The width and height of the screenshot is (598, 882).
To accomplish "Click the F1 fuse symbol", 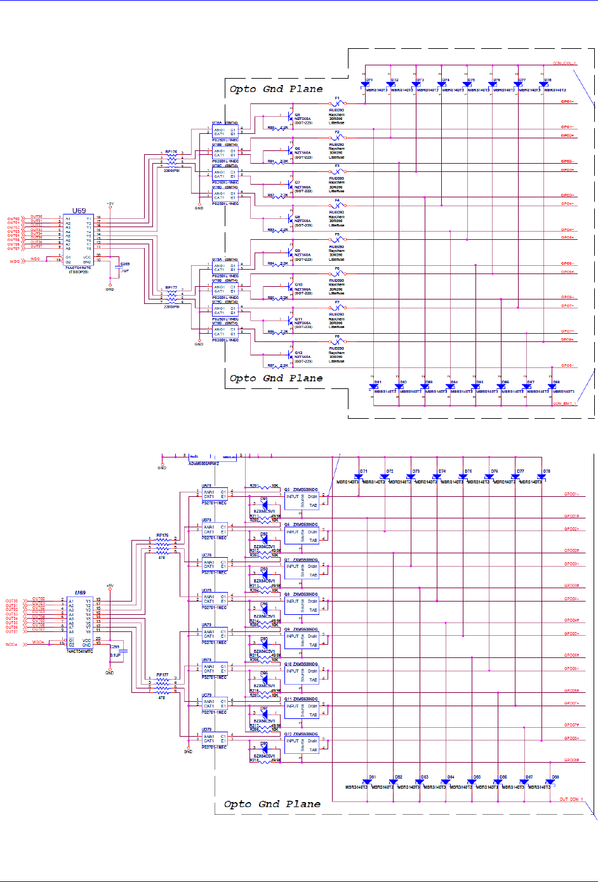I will pyautogui.click(x=338, y=103).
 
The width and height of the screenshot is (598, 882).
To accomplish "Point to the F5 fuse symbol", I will pyautogui.click(x=338, y=239).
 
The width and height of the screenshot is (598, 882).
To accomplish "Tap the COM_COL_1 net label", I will pyautogui.click(x=564, y=63).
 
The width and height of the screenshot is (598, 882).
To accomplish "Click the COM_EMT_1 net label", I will pyautogui.click(x=564, y=404).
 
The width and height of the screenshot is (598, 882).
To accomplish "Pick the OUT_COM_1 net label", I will pyautogui.click(x=571, y=800).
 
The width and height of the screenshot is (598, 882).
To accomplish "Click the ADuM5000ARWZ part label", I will pyautogui.click(x=203, y=463).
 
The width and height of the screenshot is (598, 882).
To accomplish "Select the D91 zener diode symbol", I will pyautogui.click(x=264, y=506).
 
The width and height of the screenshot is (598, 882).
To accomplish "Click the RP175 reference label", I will pyautogui.click(x=171, y=152).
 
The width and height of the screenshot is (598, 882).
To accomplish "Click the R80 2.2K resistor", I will pyautogui.click(x=279, y=128).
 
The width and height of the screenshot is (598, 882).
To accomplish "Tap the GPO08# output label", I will pyautogui.click(x=571, y=760).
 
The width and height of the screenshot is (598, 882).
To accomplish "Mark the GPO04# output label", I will pyautogui.click(x=571, y=621).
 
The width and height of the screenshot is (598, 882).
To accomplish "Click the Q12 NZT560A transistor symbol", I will pyautogui.click(x=291, y=353).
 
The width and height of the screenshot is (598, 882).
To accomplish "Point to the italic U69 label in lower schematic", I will pyautogui.click(x=80, y=593).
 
